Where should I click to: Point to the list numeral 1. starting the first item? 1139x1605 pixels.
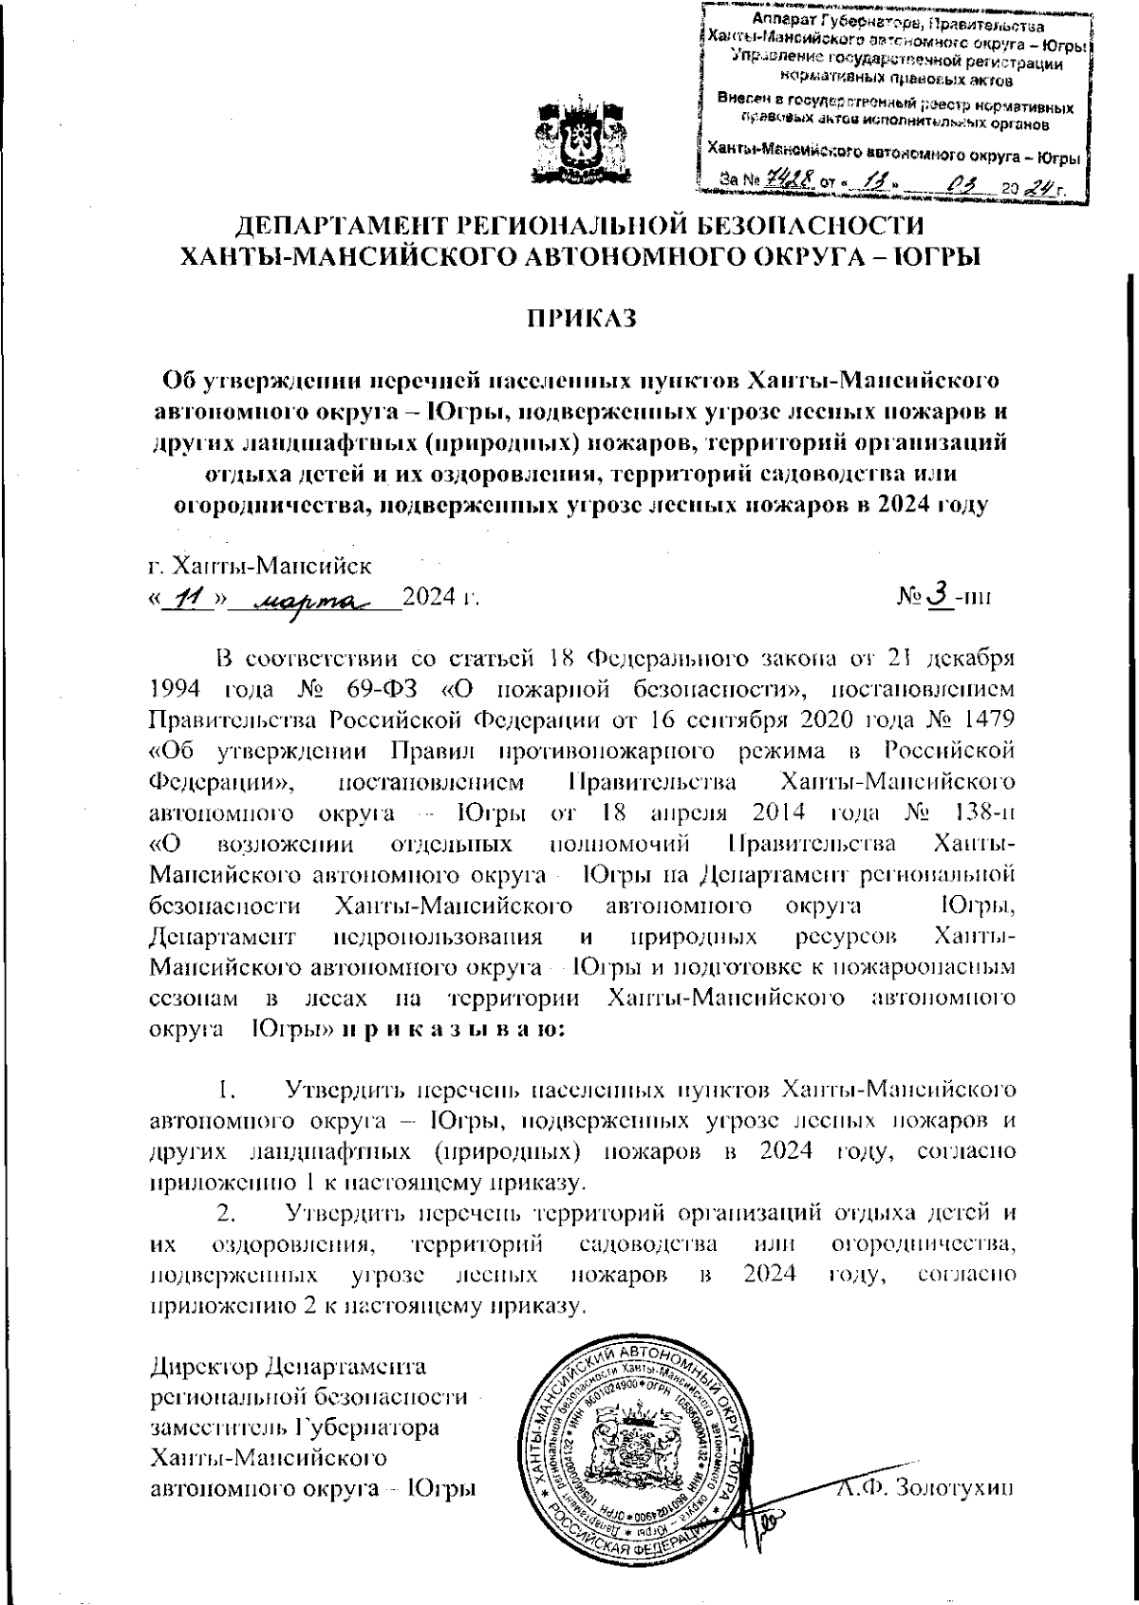point(227,1088)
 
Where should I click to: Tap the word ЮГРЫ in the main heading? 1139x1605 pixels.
point(936,255)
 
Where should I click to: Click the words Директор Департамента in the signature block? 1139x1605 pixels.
point(289,1368)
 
